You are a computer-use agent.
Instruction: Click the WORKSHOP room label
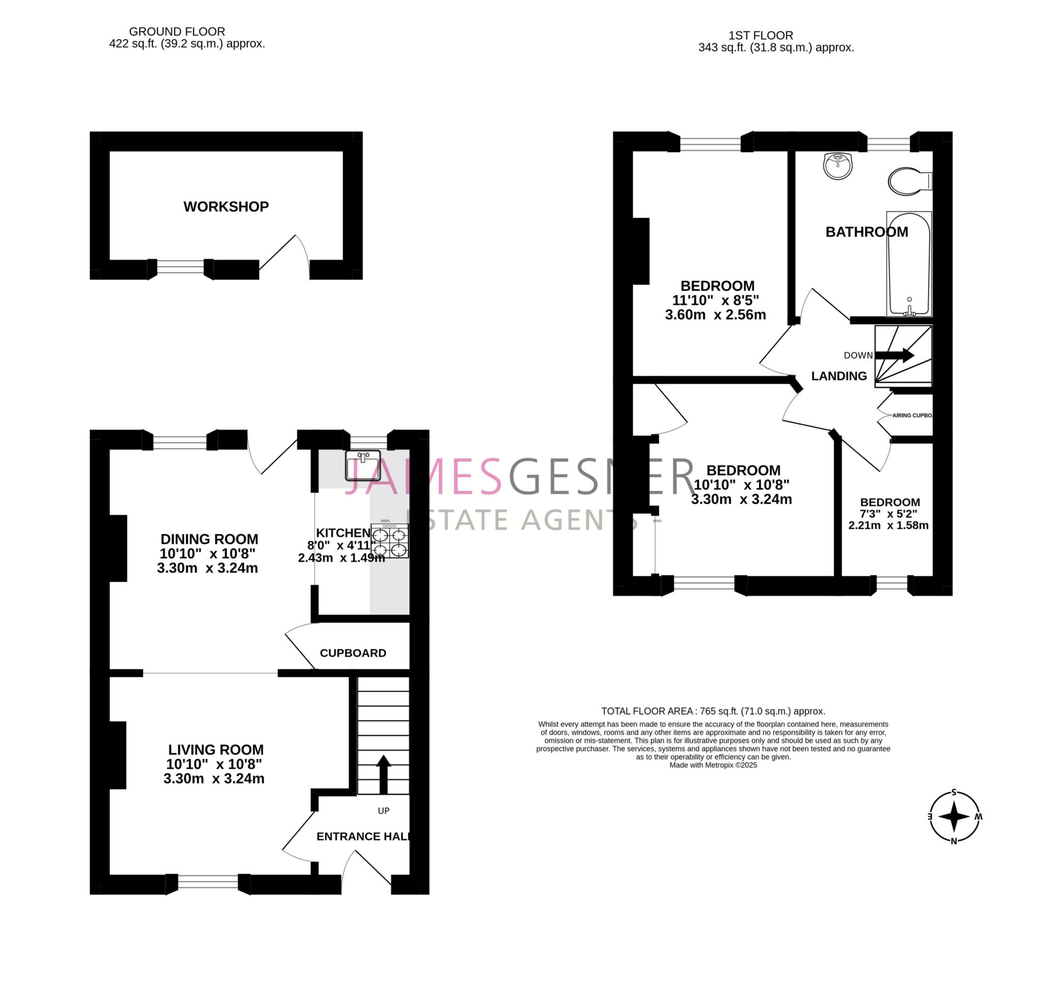tap(226, 207)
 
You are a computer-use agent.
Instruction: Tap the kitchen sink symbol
tap(363, 465)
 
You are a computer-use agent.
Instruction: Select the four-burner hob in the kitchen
tap(390, 541)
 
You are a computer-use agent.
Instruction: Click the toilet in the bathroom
tap(909, 182)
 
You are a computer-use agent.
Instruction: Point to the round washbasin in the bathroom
tap(837, 166)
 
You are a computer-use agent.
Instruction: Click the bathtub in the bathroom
tap(909, 264)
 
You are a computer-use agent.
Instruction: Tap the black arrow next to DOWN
tap(894, 355)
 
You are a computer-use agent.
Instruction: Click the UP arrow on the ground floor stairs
tap(383, 774)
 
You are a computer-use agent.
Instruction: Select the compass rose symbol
tap(954, 817)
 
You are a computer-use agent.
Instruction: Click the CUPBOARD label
tap(353, 653)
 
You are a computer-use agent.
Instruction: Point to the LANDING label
tap(839, 376)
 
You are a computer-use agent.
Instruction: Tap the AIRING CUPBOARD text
tap(912, 415)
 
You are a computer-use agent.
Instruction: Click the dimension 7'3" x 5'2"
tap(888, 513)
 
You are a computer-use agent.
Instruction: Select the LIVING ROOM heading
tap(216, 749)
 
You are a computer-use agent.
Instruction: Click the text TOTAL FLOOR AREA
tap(647, 711)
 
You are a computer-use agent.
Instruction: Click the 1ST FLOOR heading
tap(761, 35)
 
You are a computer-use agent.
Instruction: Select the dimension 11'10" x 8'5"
tap(715, 301)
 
